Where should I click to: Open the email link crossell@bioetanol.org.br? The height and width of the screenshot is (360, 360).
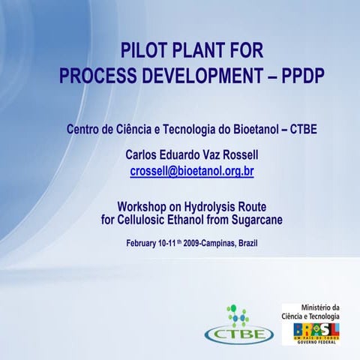click(192, 172)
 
